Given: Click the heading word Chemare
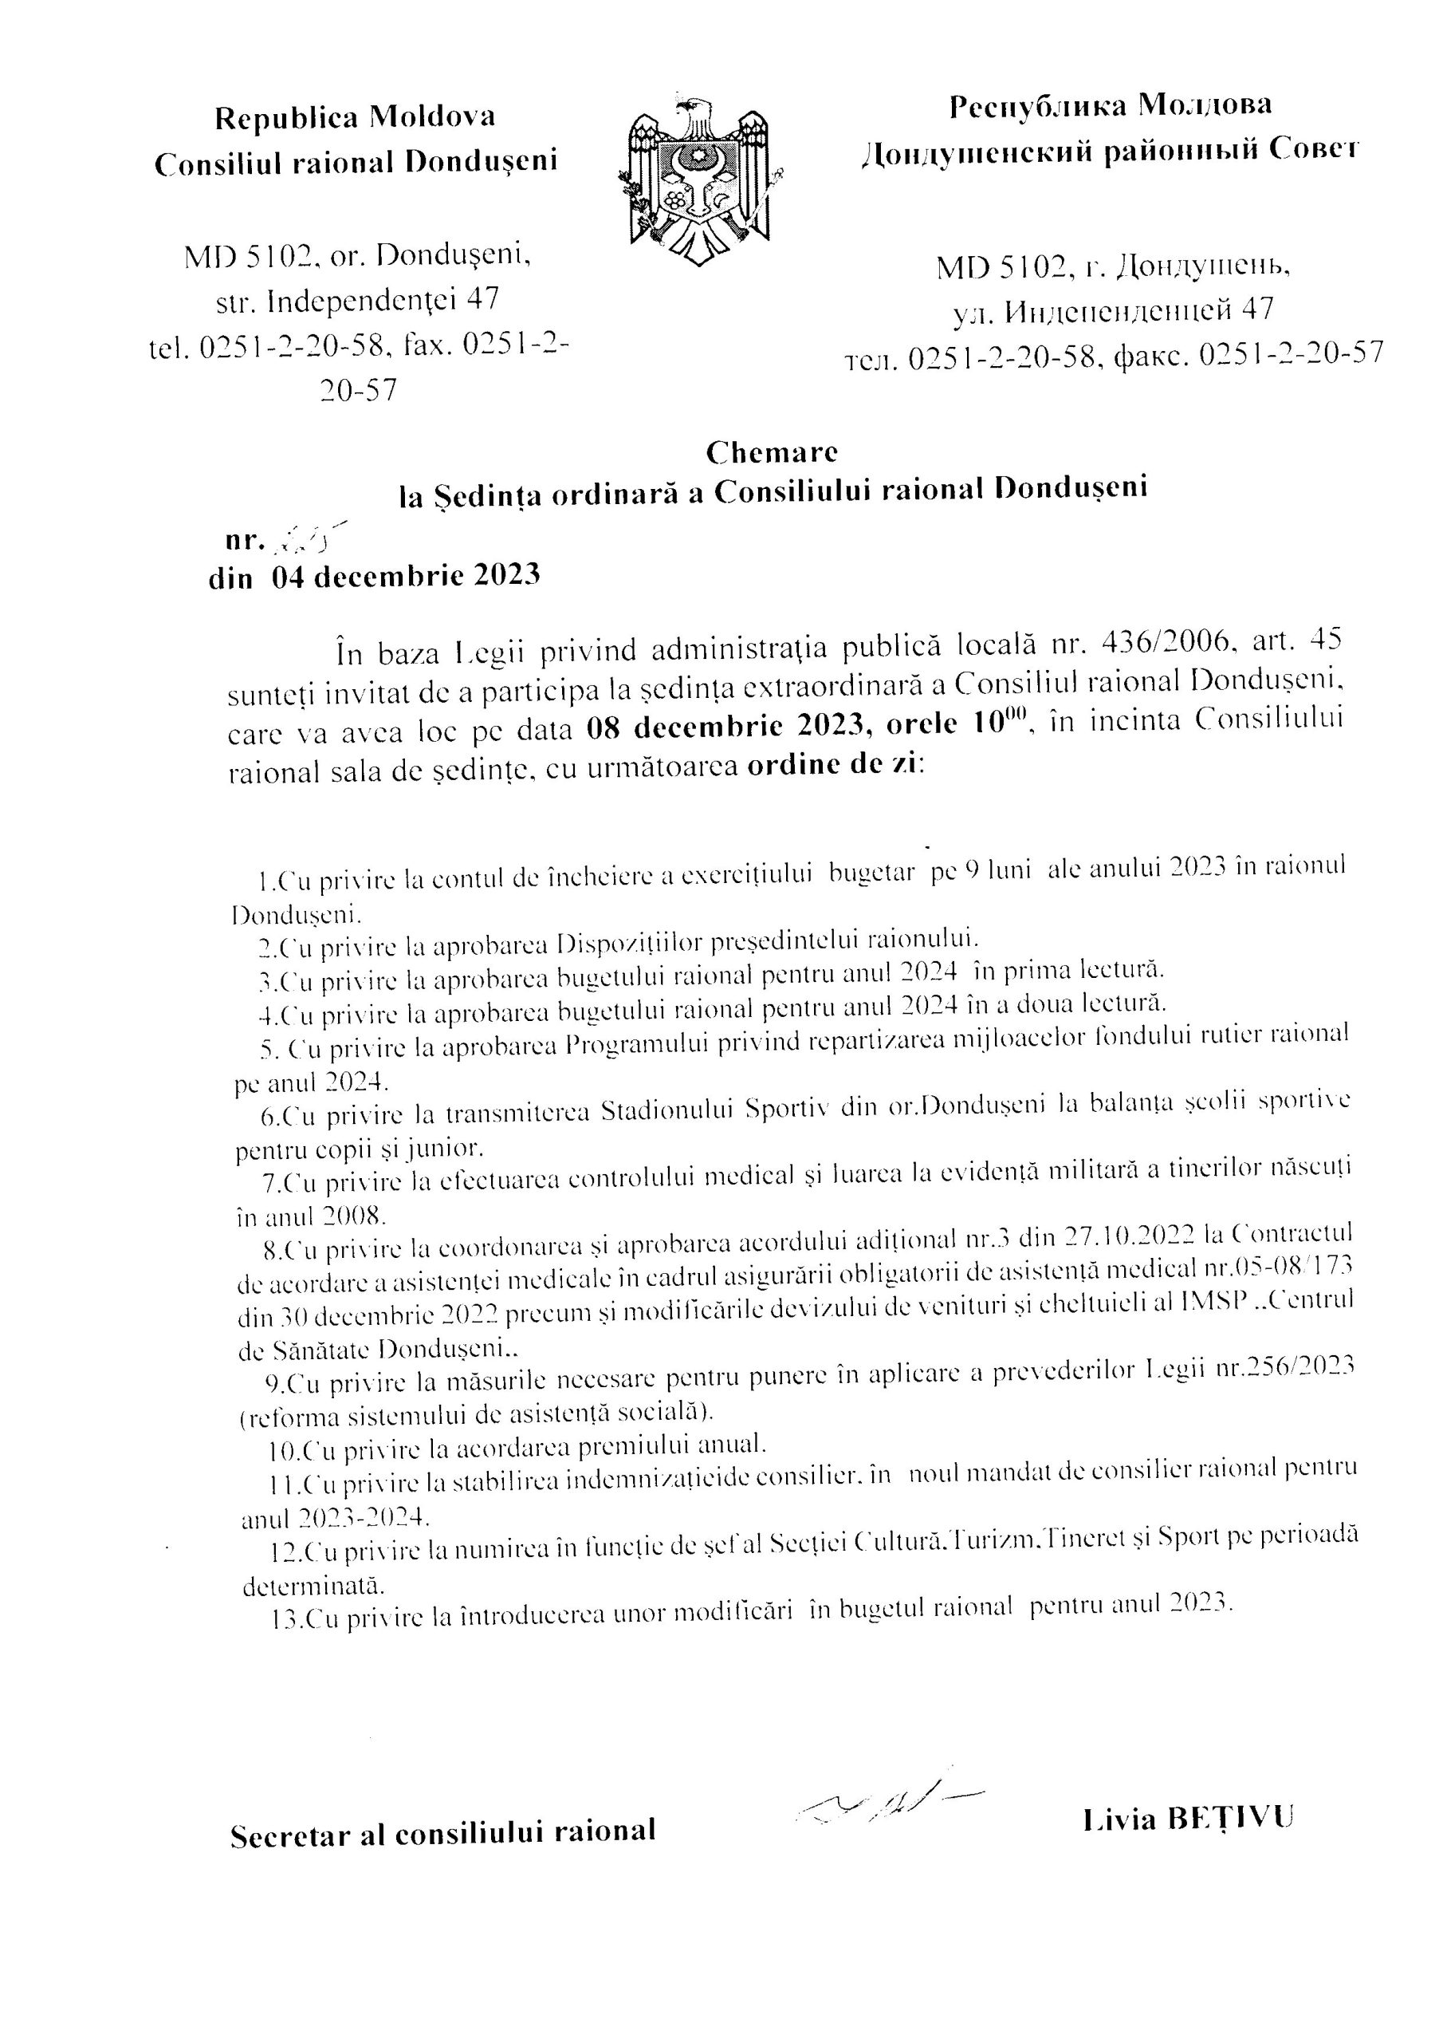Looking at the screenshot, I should (x=772, y=453).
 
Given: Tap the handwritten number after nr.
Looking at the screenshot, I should (x=308, y=535).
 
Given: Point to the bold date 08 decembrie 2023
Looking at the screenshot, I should (x=725, y=725).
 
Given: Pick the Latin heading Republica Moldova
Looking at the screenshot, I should (x=356, y=116).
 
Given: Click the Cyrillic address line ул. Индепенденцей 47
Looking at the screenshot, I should (x=1112, y=310).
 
